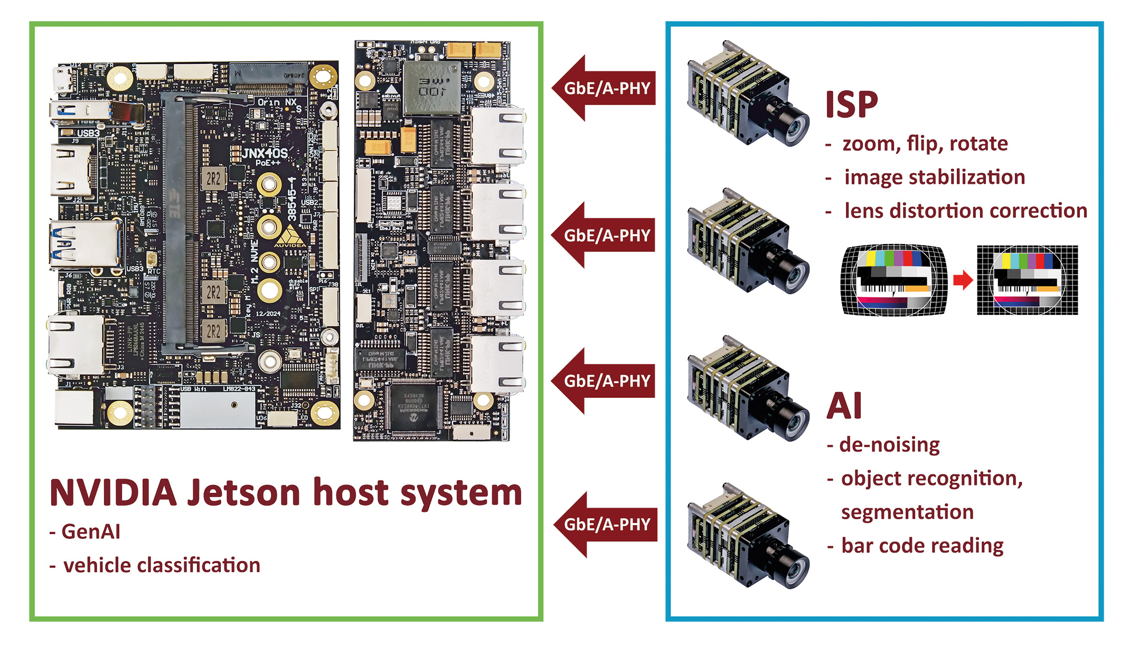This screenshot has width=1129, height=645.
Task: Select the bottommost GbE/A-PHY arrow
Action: pyautogui.click(x=606, y=525)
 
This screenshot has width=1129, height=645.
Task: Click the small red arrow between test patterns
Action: pyautogui.click(x=963, y=280)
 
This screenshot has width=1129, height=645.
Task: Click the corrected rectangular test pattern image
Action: pyautogui.click(x=1027, y=280)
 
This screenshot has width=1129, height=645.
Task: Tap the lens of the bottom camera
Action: pyautogui.click(x=795, y=571)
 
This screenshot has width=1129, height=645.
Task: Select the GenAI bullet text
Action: pyautogui.click(x=90, y=531)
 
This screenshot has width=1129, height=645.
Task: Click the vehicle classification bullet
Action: pyautogui.click(x=161, y=565)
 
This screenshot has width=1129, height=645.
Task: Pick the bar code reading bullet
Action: pyautogui.click(x=921, y=546)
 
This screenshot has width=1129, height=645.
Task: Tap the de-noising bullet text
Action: pyautogui.click(x=889, y=445)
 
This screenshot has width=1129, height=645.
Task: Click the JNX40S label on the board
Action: pyautogui.click(x=265, y=153)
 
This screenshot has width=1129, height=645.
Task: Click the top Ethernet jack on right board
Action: pyautogui.click(x=496, y=136)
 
